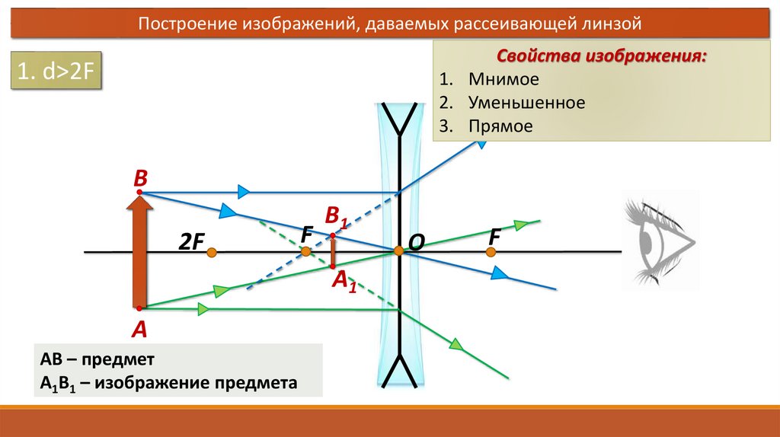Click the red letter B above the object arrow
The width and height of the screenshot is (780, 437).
click(x=140, y=179)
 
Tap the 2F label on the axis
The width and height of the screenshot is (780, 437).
click(x=191, y=242)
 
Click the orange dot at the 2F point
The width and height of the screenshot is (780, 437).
click(x=212, y=251)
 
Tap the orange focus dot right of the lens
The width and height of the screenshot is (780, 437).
click(x=494, y=251)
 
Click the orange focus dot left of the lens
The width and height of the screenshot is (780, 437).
click(x=305, y=251)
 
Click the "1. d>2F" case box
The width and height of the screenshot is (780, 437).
click(x=56, y=73)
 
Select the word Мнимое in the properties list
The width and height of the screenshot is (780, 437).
click(x=503, y=79)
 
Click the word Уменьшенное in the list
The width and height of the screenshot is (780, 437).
click(x=527, y=102)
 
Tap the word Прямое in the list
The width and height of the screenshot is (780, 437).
click(x=500, y=126)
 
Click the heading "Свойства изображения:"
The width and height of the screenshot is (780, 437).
click(x=601, y=56)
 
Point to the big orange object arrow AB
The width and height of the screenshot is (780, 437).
click(x=139, y=251)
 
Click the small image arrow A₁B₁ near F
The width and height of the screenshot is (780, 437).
click(x=333, y=250)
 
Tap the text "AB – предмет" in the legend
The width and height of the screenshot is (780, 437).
click(x=98, y=359)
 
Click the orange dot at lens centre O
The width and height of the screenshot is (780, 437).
click(x=398, y=250)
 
